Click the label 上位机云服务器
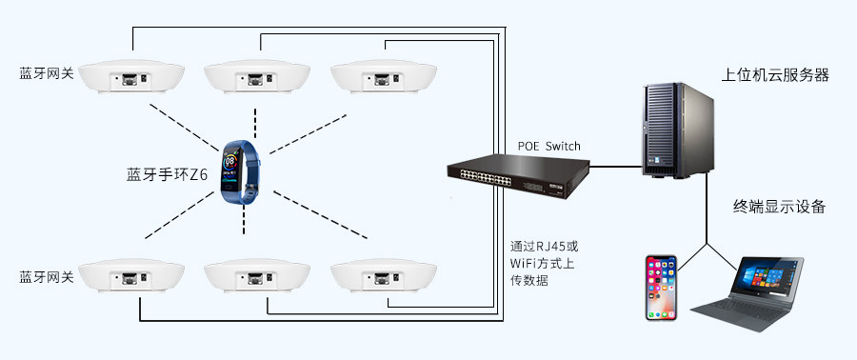775,74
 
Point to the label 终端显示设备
779,207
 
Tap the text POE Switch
548,147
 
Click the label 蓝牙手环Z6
167,174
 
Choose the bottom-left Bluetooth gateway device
132,277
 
